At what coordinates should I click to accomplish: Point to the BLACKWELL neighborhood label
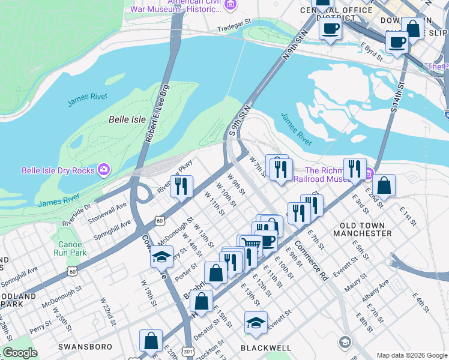click(266, 347)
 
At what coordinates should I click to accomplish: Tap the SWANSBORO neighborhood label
click(82, 347)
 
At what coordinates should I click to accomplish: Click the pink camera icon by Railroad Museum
click(369, 175)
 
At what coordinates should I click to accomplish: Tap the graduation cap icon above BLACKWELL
click(256, 322)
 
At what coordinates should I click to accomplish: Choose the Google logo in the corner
click(20, 353)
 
